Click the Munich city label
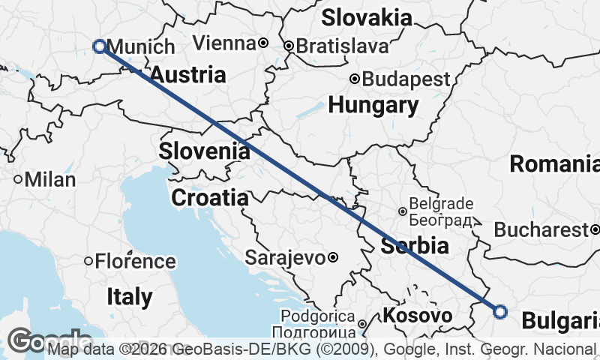point(142,46)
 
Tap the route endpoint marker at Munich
point(99,46)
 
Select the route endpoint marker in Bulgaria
point(500,311)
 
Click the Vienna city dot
point(263,43)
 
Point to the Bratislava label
point(342,46)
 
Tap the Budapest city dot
point(355,79)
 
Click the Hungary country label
point(373,105)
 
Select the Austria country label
point(188,75)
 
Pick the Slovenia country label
point(204,151)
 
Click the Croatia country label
point(210,198)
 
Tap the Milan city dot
point(18,180)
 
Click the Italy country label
point(128,296)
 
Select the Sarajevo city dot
point(333,258)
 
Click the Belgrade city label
point(440,203)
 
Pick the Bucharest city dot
point(595,229)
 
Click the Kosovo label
point(418,316)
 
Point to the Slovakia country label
point(367,17)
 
